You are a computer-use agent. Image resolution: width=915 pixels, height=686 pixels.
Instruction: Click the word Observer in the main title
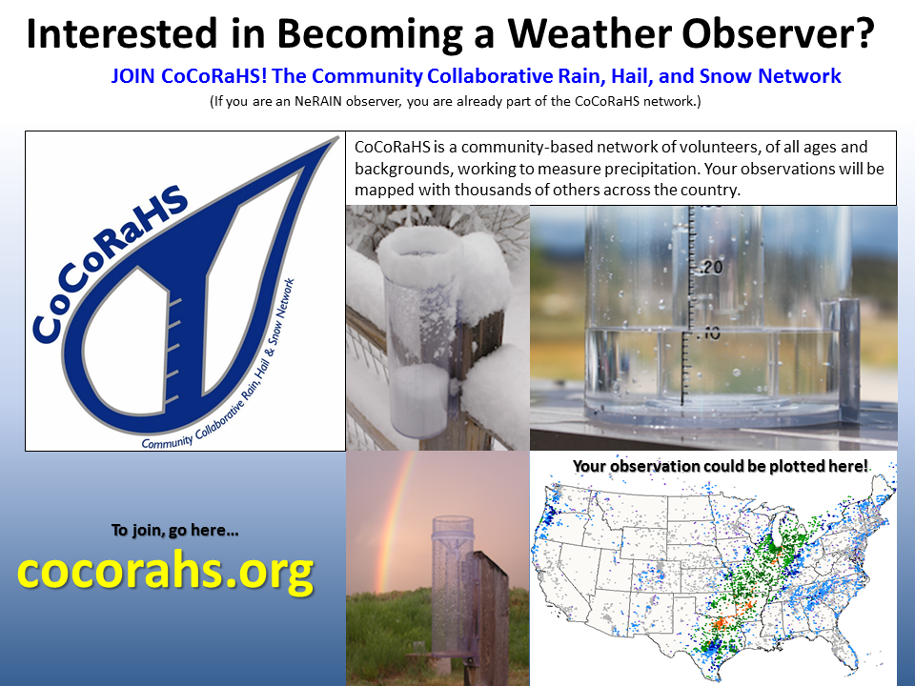(x=778, y=33)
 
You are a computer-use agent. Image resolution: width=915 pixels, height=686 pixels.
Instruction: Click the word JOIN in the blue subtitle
(x=132, y=76)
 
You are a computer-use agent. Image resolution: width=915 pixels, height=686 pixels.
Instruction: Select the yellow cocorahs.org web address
(x=166, y=572)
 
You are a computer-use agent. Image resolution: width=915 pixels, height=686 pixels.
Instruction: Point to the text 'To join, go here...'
(x=175, y=531)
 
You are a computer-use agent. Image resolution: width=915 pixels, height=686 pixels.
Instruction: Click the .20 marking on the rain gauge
(x=709, y=267)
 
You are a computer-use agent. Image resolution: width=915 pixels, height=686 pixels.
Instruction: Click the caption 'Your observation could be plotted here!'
(x=721, y=466)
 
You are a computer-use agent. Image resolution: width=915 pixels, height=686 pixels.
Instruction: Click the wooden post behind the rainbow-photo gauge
(x=489, y=618)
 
